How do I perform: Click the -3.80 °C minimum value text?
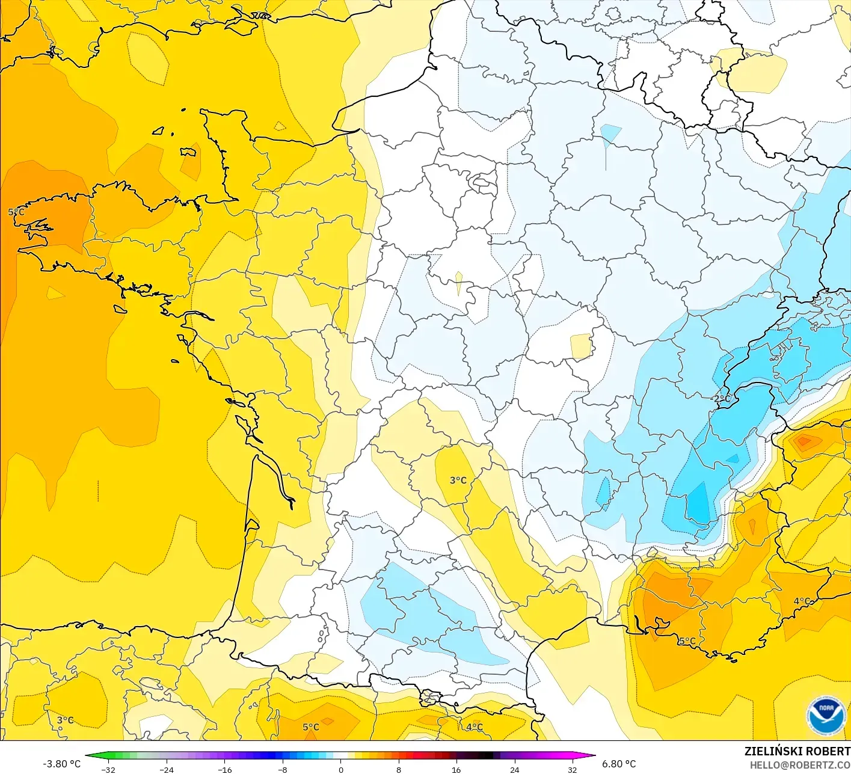coord(61,764)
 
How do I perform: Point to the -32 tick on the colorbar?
coord(108,769)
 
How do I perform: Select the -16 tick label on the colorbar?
coord(224,769)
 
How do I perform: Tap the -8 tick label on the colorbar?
coord(283,769)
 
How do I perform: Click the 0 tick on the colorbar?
coord(340,769)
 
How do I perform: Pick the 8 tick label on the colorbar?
coord(399,769)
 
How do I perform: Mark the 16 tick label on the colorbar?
coord(456,769)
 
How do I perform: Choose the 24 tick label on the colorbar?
coord(515,769)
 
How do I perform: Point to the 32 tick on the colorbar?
coord(573,769)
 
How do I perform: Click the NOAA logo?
coord(826,716)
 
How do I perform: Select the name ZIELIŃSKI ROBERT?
coord(797,751)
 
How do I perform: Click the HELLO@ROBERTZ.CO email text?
coord(799,765)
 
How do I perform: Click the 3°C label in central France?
coord(458,480)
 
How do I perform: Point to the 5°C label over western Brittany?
coord(16,212)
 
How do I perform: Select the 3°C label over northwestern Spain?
coord(65,720)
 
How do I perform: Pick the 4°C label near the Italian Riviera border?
coord(802,601)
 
